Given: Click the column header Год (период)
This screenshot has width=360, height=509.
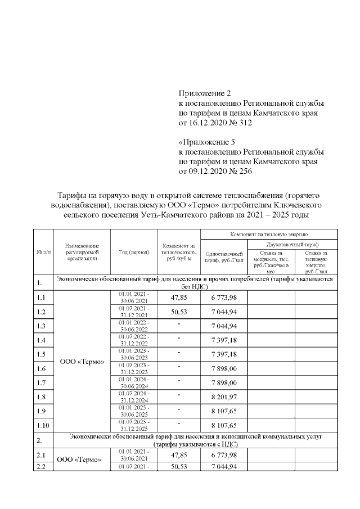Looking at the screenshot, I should tap(134, 253).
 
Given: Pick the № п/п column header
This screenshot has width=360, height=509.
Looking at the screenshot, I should tap(43, 253).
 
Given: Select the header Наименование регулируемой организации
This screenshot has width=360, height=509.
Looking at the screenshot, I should tap(82, 253).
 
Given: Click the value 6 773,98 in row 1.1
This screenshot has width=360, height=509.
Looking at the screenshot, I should tap(224, 298).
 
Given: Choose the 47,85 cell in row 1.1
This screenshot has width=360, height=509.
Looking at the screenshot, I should tap(178, 298).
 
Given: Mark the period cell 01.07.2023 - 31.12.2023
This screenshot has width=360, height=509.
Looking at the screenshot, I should tap(134, 369).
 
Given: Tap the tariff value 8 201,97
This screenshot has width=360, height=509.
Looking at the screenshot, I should tap(224, 398).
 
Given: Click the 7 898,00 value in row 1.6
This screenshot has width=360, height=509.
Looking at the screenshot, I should tap(224, 369).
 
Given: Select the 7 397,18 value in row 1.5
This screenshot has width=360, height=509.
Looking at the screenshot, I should tap(224, 355).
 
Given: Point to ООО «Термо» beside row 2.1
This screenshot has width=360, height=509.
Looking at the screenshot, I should tap(82, 461).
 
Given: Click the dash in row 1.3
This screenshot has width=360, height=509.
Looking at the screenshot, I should tap(178, 326).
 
